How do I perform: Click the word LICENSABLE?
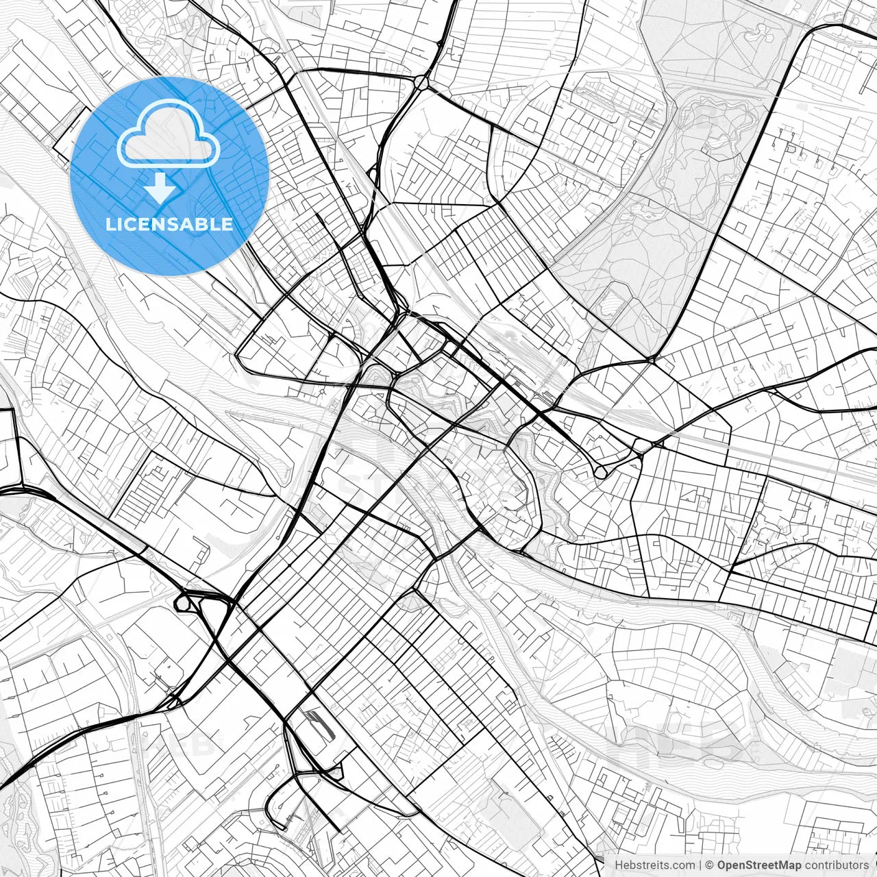pos(169,224)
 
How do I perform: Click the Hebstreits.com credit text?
pos(654,865)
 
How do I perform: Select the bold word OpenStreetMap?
pos(759,865)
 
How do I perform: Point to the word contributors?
pos(836,865)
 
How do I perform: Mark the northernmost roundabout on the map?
pos(421,83)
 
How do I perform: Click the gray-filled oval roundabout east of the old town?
pos(601,472)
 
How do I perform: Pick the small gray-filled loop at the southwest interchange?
pos(183,603)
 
